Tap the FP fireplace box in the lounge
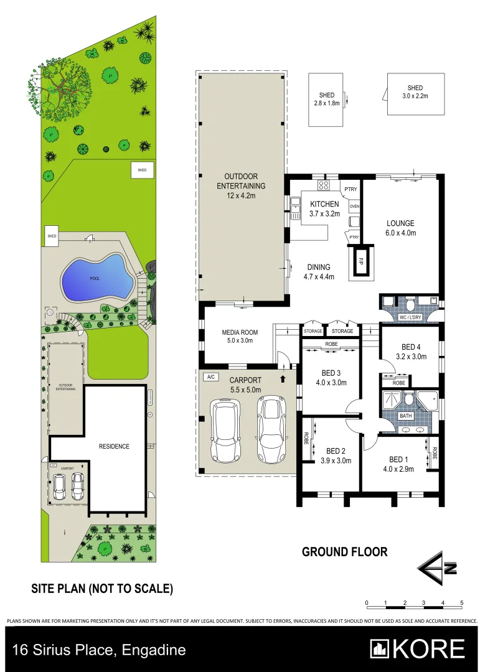[x=360, y=261]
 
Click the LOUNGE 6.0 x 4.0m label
[x=400, y=228]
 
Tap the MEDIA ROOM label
[x=240, y=337]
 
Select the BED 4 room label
[x=410, y=352]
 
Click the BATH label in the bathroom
[x=405, y=416]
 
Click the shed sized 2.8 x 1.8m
[x=326, y=100]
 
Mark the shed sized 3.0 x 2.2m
[x=415, y=94]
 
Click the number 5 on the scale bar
[x=461, y=603]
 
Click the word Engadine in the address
[x=154, y=650]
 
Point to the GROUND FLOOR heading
[x=344, y=552]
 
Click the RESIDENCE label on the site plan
[x=114, y=446]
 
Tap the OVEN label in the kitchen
[x=354, y=207]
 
